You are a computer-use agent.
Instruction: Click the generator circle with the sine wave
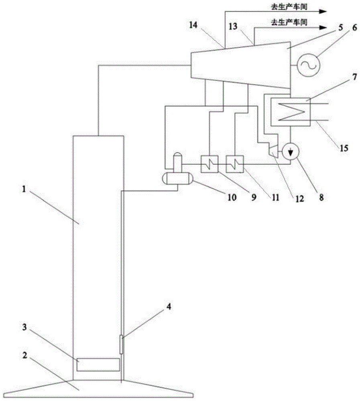click(307, 63)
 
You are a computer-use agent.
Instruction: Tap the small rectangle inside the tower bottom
click(98, 365)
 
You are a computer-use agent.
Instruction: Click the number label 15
click(344, 148)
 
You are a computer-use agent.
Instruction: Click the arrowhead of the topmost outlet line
click(323, 12)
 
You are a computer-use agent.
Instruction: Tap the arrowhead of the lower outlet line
click(323, 27)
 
